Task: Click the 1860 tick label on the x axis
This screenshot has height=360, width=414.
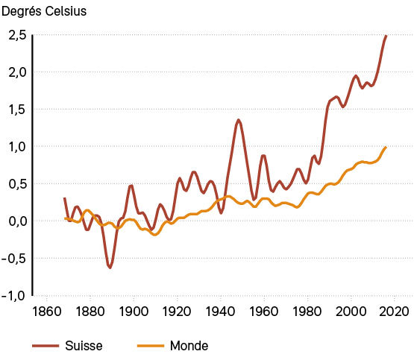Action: pos(47,311)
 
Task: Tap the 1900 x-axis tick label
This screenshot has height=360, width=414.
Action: pos(134,311)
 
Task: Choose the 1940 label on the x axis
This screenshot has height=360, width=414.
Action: pos(220,311)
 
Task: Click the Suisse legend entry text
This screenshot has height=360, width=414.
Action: pos(84,346)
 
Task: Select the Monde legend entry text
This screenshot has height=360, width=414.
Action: pos(189,346)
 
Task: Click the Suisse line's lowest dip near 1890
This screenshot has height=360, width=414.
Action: pos(110,267)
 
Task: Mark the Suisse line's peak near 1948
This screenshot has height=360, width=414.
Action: pos(238,120)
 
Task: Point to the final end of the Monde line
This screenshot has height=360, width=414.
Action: pos(386,148)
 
